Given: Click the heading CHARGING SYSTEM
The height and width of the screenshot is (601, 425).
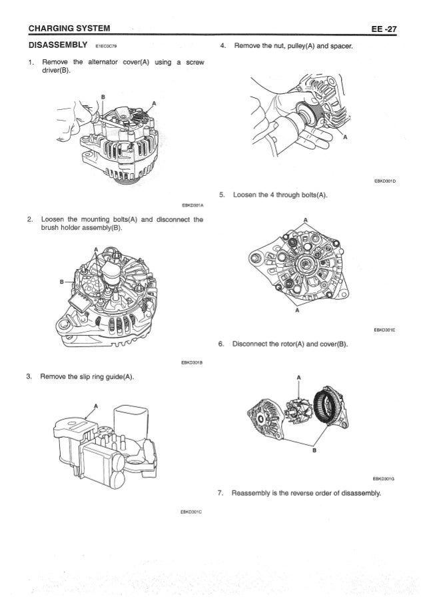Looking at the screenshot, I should pos(65,28).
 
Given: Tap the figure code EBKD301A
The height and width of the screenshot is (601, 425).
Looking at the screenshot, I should pos(192,205).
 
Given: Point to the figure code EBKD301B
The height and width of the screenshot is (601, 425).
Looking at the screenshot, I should pos(192,363).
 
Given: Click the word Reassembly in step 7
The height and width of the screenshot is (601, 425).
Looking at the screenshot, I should pos(252,494).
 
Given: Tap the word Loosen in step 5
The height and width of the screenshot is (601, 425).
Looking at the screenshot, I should pos(246,195).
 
